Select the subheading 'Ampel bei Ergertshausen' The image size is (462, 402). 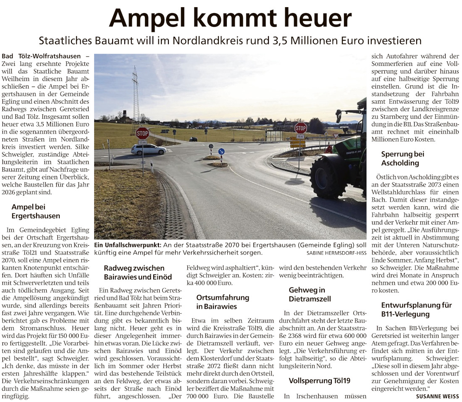point(36,211)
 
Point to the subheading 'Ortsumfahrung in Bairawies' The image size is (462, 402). point(223,302)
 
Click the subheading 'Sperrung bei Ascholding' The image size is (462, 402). point(402,158)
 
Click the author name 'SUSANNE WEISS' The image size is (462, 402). point(437,396)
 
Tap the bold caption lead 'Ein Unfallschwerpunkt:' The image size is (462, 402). point(127,245)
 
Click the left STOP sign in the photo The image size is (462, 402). point(142,133)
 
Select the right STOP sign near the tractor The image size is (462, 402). point(300,128)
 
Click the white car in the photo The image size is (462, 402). point(148,149)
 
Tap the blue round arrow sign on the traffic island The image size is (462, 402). point(221,151)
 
